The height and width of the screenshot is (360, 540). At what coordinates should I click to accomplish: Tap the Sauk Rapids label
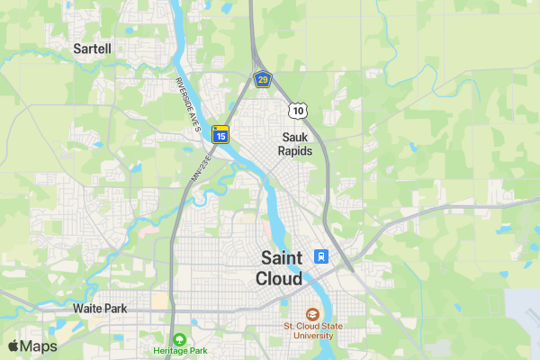click(295, 144)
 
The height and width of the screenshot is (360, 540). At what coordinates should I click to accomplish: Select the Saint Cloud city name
click(280, 267)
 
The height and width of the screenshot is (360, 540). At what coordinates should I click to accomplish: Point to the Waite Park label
click(100, 308)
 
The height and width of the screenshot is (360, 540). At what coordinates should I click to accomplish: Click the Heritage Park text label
click(180, 350)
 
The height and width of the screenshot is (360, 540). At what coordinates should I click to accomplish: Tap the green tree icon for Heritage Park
click(180, 338)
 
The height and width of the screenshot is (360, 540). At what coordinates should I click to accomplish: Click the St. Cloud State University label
click(309, 330)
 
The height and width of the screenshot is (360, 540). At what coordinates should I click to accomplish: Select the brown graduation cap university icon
click(312, 314)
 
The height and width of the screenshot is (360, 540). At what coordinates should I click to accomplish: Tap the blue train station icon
click(319, 256)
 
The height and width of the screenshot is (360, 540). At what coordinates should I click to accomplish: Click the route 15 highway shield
click(220, 135)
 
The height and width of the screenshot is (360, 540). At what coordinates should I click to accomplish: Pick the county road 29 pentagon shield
click(262, 80)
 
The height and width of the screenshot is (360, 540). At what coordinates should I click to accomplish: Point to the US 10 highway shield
click(298, 110)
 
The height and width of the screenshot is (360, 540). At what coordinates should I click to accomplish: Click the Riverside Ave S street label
click(187, 103)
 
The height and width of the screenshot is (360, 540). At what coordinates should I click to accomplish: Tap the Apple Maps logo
click(32, 346)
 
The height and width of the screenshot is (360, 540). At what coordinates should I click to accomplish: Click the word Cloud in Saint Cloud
click(279, 278)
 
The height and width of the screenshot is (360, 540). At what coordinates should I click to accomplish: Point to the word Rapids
click(295, 151)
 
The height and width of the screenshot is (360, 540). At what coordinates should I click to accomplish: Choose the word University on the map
click(309, 336)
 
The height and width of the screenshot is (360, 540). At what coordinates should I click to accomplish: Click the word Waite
click(86, 308)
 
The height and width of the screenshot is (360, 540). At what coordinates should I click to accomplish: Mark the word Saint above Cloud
click(280, 256)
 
